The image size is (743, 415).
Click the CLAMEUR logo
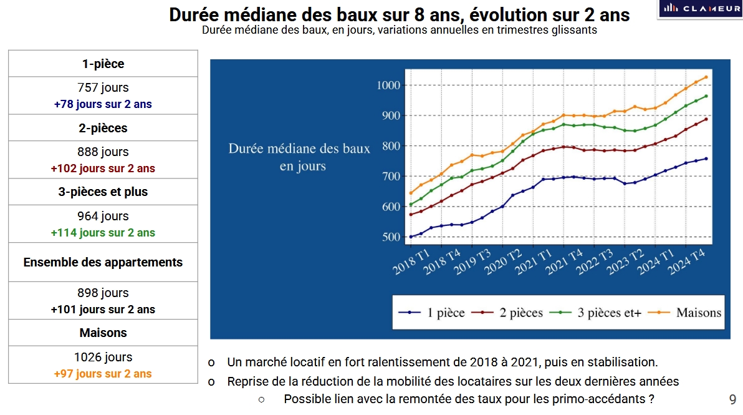click(x=699, y=9)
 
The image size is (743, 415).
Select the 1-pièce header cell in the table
click(x=103, y=64)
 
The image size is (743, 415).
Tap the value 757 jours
click(x=103, y=88)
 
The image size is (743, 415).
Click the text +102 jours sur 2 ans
click(x=103, y=168)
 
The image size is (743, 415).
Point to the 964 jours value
click(x=103, y=216)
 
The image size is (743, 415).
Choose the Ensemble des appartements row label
click(x=103, y=262)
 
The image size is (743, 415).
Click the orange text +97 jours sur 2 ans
click(x=103, y=374)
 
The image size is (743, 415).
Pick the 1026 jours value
click(x=103, y=358)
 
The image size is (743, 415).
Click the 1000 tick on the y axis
click(x=390, y=85)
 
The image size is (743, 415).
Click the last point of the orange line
click(x=706, y=77)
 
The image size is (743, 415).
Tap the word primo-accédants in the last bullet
click(x=598, y=399)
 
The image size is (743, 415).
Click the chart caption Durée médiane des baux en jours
click(x=299, y=157)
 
